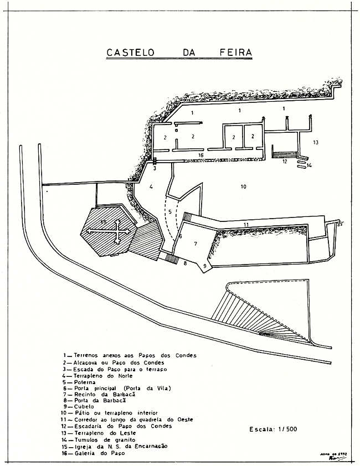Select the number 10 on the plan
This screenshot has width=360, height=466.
[x=243, y=187]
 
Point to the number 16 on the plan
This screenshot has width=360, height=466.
[x=202, y=156]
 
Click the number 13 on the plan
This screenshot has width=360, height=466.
[x=315, y=142]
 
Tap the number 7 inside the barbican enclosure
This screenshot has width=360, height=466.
[x=195, y=244]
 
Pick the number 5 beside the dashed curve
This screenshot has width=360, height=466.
[x=171, y=213]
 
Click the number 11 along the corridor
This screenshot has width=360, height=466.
[x=246, y=223]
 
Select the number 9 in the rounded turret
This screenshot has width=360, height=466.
[x=205, y=266]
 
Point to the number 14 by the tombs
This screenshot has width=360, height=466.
[x=310, y=164]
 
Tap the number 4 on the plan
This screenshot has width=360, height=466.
[x=151, y=187]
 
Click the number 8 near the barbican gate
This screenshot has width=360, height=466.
[x=186, y=263]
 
